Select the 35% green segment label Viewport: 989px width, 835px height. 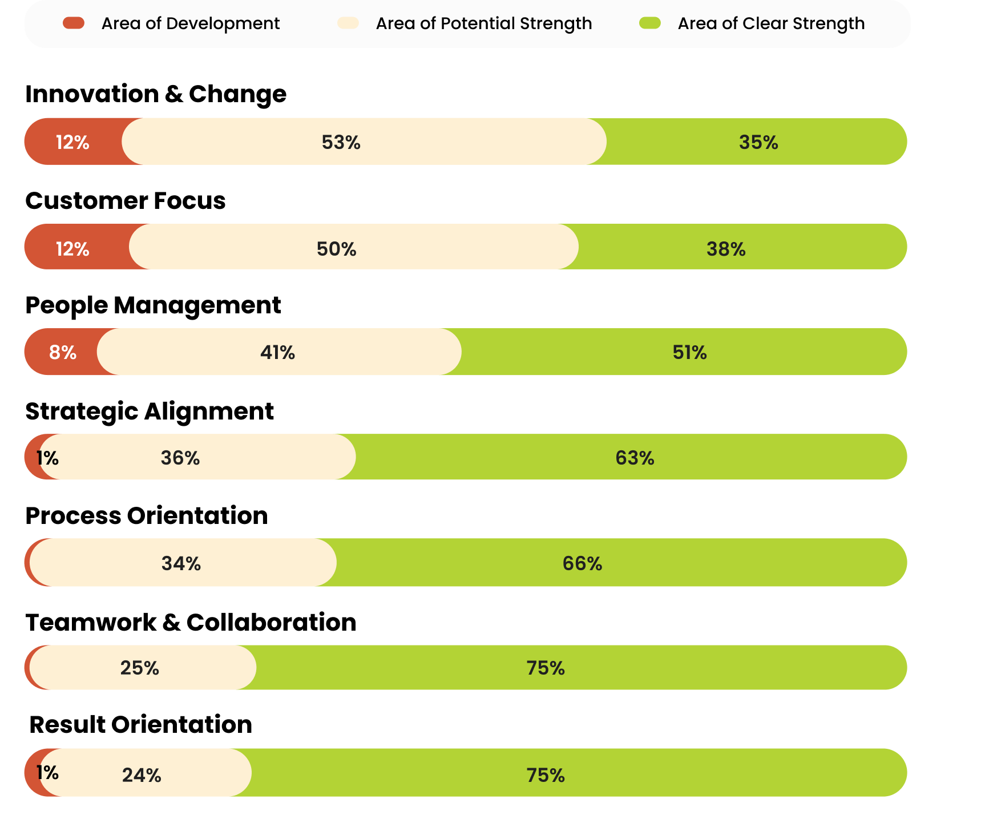pos(758,142)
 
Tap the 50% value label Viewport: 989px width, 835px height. pos(336,249)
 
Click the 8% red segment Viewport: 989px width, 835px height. pos(62,352)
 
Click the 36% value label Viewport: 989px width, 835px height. pos(180,458)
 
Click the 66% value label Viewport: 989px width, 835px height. pos(582,563)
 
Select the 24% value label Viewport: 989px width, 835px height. pos(141,775)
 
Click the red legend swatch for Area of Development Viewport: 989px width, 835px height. pos(74,23)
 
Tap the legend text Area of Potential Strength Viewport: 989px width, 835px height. pos(483,23)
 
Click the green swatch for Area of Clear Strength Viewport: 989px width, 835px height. pos(650,23)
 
